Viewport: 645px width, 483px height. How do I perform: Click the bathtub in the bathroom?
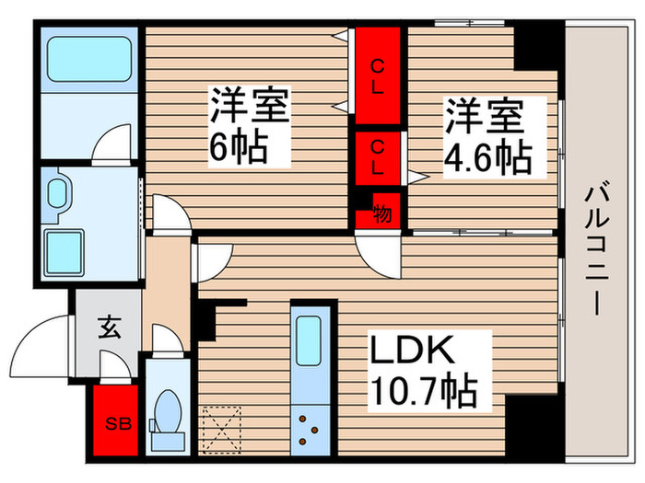tap(89, 58)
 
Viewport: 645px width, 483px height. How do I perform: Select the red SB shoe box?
tap(115, 423)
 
